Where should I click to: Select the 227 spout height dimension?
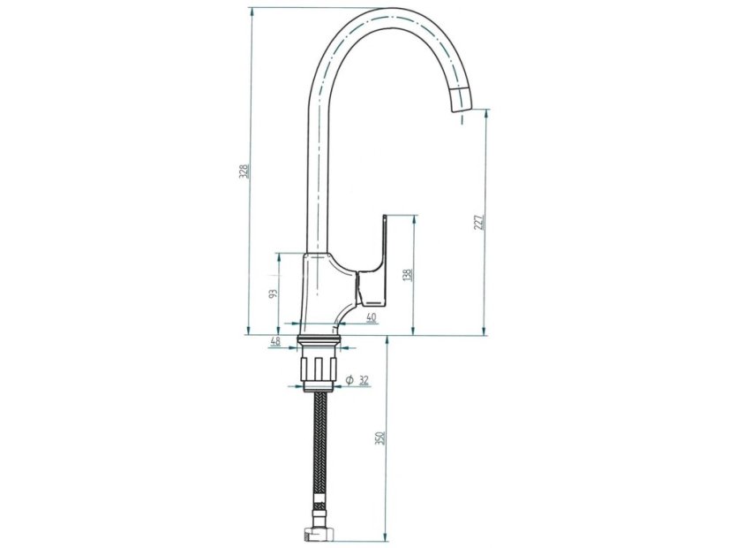tap(479, 223)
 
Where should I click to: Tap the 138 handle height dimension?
tap(408, 275)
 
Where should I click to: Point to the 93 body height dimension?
tap(274, 293)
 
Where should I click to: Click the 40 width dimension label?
tap(371, 317)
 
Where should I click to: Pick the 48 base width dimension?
tap(275, 341)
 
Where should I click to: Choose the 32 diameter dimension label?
tap(364, 380)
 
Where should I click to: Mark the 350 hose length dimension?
tap(380, 438)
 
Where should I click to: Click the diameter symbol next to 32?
tap(349, 380)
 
